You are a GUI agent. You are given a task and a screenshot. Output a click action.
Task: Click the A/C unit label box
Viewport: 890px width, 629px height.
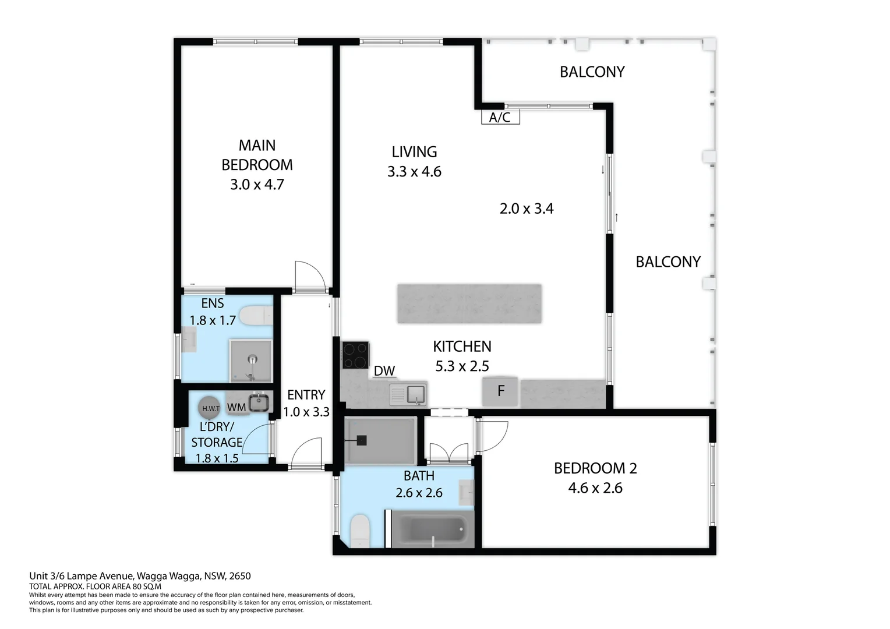point(500,117)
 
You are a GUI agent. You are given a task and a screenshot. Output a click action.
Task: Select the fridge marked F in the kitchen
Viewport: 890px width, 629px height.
point(500,391)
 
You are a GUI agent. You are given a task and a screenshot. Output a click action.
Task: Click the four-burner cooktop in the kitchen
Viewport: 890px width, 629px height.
point(355,355)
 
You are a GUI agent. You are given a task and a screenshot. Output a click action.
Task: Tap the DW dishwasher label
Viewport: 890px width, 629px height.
point(384,371)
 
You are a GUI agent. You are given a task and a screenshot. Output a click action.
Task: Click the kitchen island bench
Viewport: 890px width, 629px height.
point(469,303)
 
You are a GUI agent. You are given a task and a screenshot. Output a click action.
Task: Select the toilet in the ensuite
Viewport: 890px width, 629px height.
point(256,316)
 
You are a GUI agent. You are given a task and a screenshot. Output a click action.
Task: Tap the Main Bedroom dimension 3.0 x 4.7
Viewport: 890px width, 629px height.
point(257,185)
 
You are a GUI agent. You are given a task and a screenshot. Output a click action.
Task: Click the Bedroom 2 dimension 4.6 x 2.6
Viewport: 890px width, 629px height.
point(595,488)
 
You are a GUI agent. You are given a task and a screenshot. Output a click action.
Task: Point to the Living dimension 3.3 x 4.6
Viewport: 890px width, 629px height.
point(414,172)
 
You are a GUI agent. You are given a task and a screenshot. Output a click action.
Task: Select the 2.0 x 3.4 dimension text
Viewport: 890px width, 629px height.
point(527,209)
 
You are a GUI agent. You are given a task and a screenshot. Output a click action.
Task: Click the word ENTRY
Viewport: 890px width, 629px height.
point(306,395)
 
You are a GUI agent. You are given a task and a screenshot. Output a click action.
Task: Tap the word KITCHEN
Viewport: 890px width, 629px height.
point(462,347)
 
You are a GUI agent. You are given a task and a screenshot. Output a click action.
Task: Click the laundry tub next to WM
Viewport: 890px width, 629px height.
point(258,402)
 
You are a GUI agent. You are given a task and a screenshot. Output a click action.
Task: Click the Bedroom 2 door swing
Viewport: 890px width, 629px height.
point(492,437)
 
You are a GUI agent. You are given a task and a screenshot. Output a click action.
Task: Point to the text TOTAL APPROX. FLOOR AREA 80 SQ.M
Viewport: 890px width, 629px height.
point(95,586)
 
